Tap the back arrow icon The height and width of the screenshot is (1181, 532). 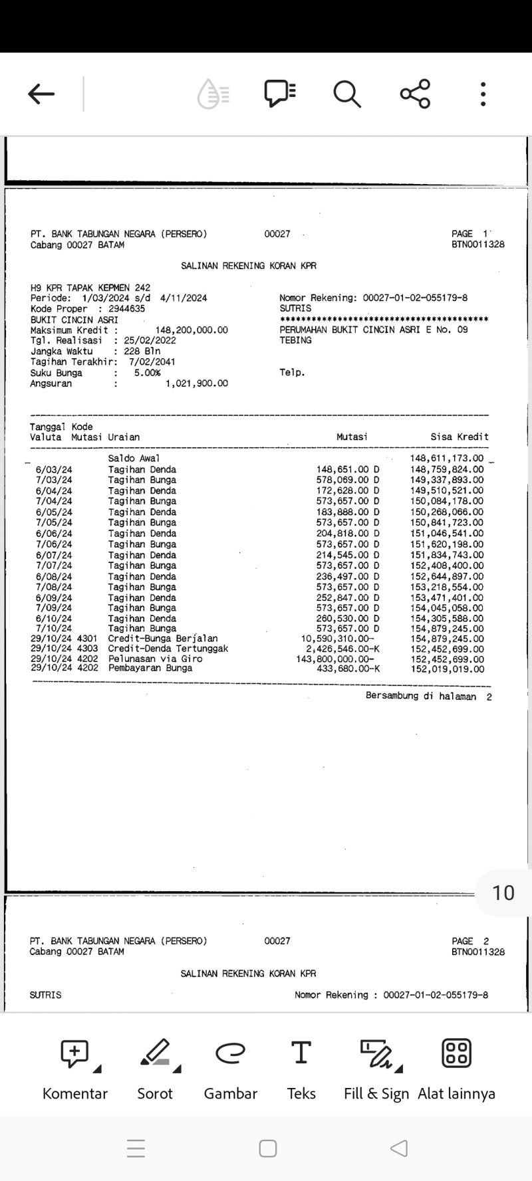click(41, 94)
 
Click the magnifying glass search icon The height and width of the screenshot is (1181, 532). click(346, 94)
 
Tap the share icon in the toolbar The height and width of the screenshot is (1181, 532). click(415, 94)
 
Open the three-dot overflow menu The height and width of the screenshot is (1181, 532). click(483, 94)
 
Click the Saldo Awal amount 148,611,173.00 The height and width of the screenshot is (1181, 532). click(447, 459)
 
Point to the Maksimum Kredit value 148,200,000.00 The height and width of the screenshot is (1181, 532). click(192, 330)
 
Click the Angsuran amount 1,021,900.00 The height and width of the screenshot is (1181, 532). click(196, 383)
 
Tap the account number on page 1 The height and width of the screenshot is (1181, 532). click(415, 298)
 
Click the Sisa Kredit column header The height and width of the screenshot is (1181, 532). click(460, 437)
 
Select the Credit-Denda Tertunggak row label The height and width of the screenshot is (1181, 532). click(168, 649)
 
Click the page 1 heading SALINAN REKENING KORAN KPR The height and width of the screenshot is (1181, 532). click(249, 266)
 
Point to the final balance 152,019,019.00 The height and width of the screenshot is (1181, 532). click(447, 669)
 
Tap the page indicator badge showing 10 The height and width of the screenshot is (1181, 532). click(503, 893)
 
